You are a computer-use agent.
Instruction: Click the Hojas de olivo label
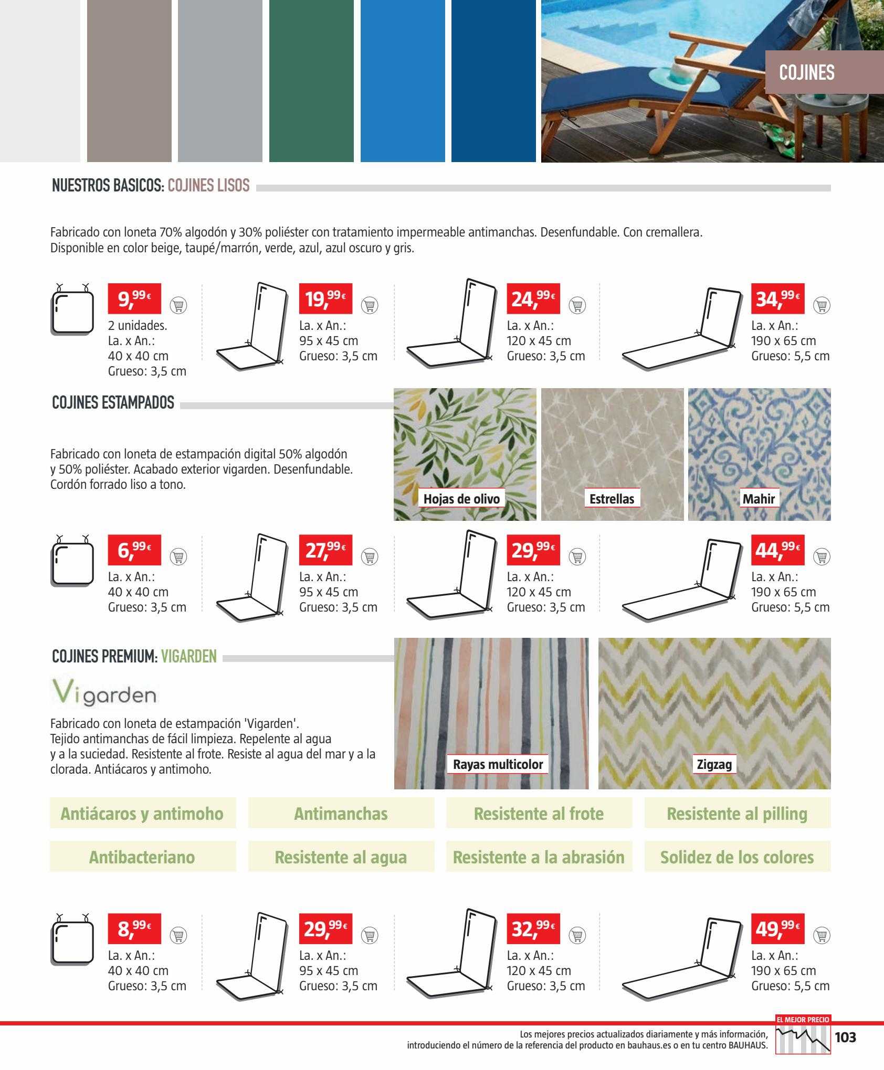[461, 498]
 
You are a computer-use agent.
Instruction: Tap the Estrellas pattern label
[612, 498]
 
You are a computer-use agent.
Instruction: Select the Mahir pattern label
[759, 498]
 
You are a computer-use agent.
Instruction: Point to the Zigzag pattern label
[714, 764]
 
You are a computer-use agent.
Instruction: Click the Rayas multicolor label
[498, 764]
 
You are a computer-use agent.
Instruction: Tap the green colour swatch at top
[311, 81]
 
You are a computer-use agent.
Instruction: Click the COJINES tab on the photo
[807, 72]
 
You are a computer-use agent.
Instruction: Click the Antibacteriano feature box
[142, 857]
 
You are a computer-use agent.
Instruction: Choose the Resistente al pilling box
[737, 814]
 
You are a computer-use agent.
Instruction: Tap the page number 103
[845, 1037]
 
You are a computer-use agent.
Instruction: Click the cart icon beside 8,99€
[178, 935]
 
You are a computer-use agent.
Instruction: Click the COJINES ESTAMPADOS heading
[113, 403]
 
